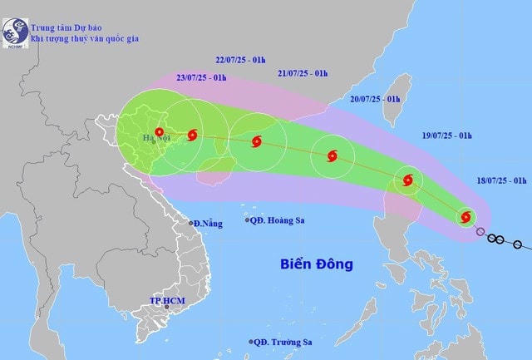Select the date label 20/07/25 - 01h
pyautogui.click(x=375, y=99)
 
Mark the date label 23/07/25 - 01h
pyautogui.click(x=201, y=77)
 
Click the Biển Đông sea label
pyautogui.click(x=315, y=265)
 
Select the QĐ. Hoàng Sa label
pyautogui.click(x=281, y=219)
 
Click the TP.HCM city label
pyautogui.click(x=166, y=300)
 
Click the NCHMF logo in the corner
pyautogui.click(x=14, y=34)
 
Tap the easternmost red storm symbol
pyautogui.click(x=466, y=218)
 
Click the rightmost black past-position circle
pyautogui.click(x=518, y=244)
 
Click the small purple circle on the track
pyautogui.click(x=480, y=231)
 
